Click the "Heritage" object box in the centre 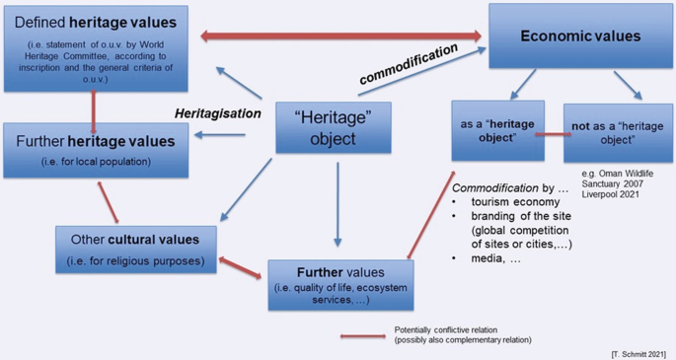pos(334,127)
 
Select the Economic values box pos(580,36)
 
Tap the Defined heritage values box pos(96,48)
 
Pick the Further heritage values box pos(96,150)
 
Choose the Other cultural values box pos(136,250)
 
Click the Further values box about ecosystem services pos(340,285)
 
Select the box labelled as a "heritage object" pos(498,131)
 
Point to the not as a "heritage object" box pos(618,133)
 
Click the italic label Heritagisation pos(218,113)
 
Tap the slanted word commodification pos(409,64)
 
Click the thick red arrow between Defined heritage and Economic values pos(341,36)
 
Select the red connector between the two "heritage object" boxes pos(554,135)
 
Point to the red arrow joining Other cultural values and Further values pos(240,268)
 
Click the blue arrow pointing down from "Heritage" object pos(338,204)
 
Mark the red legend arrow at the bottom pos(363,336)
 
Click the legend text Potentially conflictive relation pos(446,329)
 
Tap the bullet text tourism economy pos(515,202)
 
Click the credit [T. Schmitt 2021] pos(638,354)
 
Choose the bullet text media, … pos(495,258)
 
